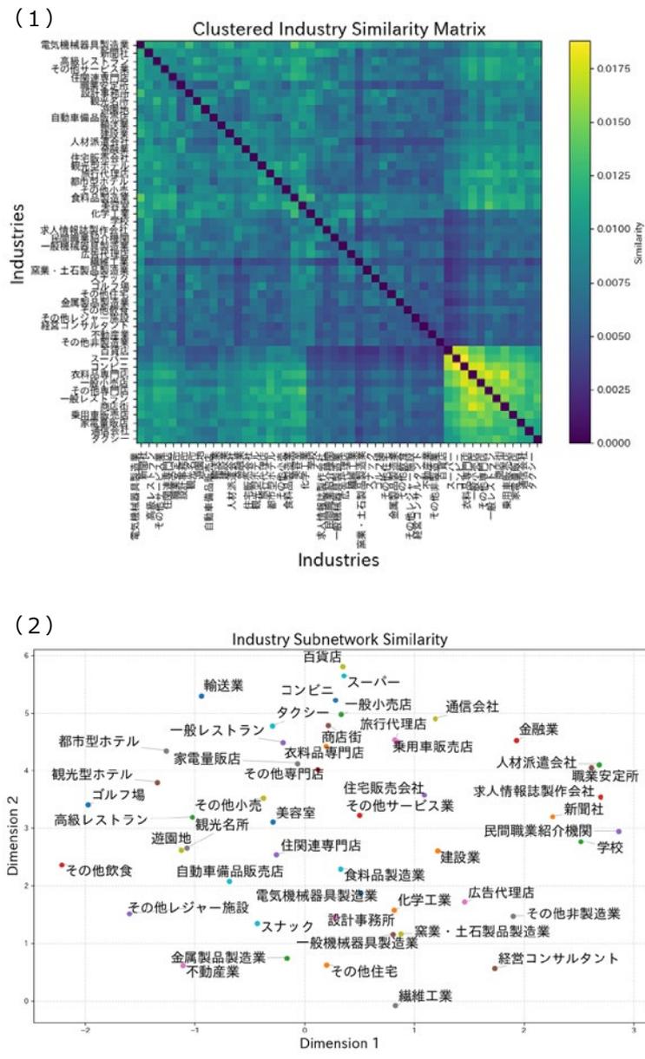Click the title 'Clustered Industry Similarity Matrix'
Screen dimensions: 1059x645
click(x=339, y=29)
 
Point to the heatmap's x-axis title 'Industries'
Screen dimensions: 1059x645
click(x=338, y=559)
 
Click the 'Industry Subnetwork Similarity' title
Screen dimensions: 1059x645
click(x=339, y=639)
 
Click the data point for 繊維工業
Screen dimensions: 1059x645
click(x=396, y=1005)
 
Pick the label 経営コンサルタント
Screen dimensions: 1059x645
click(x=558, y=958)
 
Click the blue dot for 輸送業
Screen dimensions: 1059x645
click(x=201, y=696)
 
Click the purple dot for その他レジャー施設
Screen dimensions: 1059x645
click(x=129, y=913)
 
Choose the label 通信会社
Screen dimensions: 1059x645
click(x=472, y=707)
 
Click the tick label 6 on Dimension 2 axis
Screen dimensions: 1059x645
click(x=26, y=655)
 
